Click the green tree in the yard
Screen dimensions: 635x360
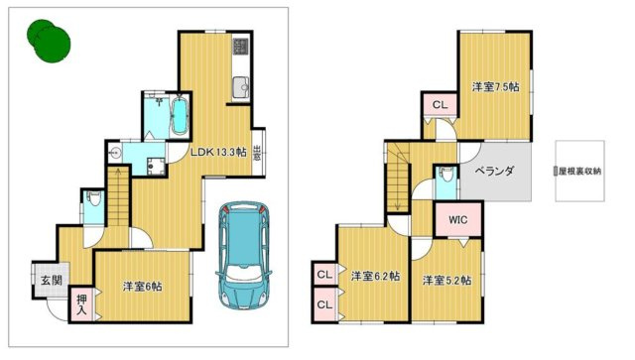(x=49, y=41)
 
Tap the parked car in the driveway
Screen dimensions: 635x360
(x=244, y=255)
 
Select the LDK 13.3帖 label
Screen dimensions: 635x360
(x=218, y=153)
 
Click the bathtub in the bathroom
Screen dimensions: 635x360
(x=180, y=115)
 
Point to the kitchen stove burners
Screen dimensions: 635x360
(x=240, y=47)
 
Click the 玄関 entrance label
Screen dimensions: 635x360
(x=52, y=281)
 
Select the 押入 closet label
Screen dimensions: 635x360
(x=81, y=304)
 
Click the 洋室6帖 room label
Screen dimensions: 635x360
(x=143, y=287)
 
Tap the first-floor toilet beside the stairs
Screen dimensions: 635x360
(x=94, y=198)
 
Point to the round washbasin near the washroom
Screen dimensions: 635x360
(x=115, y=153)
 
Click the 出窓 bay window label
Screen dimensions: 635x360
(x=257, y=153)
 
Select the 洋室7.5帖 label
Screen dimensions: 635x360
(x=496, y=86)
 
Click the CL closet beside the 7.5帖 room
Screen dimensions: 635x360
(x=441, y=105)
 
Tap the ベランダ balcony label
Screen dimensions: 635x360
(x=494, y=171)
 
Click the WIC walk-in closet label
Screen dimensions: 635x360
(x=458, y=220)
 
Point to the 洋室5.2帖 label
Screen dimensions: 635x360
(x=446, y=281)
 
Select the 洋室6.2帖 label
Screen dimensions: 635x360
(x=375, y=276)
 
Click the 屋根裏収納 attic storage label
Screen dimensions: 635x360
(x=579, y=172)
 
